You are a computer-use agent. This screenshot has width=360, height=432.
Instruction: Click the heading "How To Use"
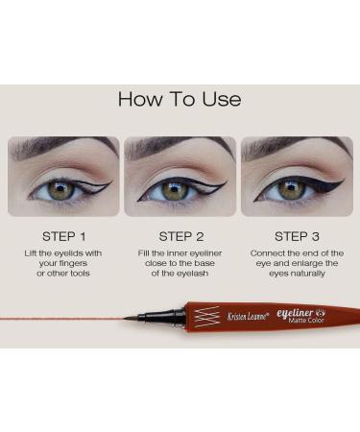[x=180, y=99]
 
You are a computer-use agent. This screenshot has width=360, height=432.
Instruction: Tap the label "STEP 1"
[x=63, y=235]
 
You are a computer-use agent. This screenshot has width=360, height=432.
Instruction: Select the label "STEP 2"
[x=180, y=235]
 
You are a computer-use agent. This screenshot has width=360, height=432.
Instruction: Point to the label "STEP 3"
[x=297, y=235]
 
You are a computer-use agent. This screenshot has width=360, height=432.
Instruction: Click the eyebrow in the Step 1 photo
[x=58, y=149]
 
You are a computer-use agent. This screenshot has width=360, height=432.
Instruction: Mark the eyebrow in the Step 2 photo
[x=178, y=149]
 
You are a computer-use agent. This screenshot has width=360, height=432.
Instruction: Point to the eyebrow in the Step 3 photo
[x=293, y=149]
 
